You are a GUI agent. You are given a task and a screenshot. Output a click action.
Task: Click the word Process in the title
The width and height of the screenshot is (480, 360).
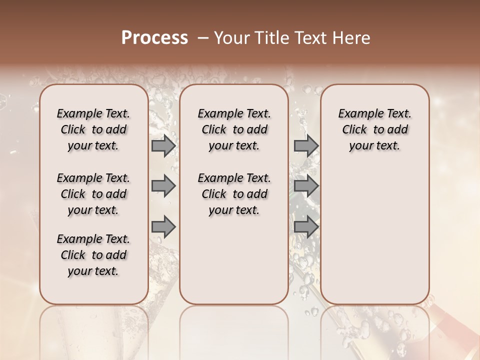(154, 38)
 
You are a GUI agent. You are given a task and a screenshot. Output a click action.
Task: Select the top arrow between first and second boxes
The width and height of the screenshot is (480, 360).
(163, 145)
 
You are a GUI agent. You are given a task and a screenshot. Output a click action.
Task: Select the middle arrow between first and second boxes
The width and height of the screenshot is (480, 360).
(163, 186)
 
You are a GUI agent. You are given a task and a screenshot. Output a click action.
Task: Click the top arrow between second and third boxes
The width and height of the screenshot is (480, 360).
(306, 145)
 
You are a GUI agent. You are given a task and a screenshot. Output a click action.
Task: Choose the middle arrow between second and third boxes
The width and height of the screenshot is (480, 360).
(306, 186)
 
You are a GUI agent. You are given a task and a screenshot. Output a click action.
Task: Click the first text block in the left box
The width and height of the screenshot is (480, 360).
(93, 129)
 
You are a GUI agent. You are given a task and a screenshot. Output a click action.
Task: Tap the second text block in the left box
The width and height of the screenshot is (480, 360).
(93, 194)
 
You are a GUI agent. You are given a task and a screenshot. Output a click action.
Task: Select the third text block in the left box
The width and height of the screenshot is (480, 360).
(93, 255)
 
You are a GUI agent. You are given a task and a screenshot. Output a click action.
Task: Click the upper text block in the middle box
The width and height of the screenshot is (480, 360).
(234, 129)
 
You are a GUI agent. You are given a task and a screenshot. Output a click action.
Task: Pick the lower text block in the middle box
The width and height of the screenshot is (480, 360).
(234, 194)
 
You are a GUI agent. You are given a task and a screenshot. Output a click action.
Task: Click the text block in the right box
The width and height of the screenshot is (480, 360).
(375, 129)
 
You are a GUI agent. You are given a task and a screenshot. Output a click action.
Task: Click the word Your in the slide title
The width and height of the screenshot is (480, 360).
(232, 38)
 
